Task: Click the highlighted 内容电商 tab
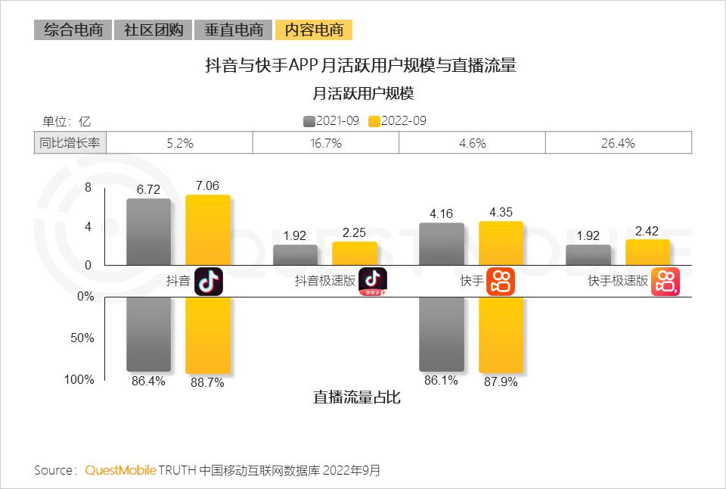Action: click(x=314, y=30)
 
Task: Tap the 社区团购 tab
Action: click(x=153, y=30)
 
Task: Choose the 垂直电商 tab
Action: click(x=233, y=30)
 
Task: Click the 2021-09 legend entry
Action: click(x=330, y=121)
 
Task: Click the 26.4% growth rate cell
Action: click(x=618, y=142)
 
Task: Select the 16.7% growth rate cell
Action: click(x=326, y=142)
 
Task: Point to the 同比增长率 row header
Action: click(x=70, y=142)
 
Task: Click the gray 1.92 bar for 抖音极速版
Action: click(x=296, y=255)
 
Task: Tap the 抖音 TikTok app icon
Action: click(x=209, y=281)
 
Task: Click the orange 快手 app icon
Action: click(x=500, y=281)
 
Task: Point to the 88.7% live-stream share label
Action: click(x=207, y=383)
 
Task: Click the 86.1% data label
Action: click(x=441, y=381)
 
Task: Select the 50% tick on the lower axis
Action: click(x=82, y=338)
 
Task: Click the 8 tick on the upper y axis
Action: click(x=88, y=188)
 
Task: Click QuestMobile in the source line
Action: click(x=120, y=471)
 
